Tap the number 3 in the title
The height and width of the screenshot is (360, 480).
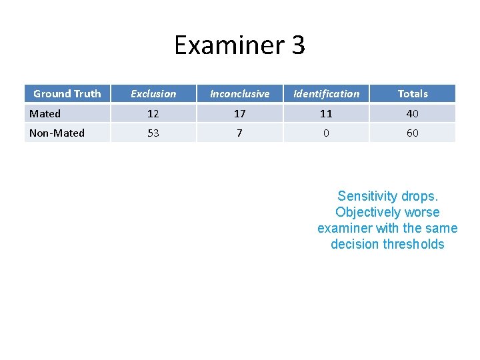tap(298, 45)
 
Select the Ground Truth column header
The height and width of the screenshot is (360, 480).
tap(67, 94)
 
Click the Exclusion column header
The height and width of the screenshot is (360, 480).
tap(153, 94)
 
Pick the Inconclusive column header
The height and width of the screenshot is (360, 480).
tap(239, 94)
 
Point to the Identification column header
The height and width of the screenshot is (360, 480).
tap(326, 94)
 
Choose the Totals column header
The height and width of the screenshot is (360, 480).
tap(413, 94)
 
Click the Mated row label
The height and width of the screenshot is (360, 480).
tap(45, 114)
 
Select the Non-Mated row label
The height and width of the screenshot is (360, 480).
tap(57, 133)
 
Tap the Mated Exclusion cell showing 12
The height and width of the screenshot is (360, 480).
tap(153, 114)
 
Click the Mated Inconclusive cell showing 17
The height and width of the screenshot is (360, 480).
tap(239, 114)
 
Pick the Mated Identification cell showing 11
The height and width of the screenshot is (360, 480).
tap(326, 114)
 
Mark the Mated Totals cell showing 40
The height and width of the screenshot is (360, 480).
tap(413, 114)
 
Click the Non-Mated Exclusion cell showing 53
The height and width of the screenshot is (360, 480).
tap(153, 133)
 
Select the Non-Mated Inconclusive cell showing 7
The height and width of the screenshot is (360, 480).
tap(239, 133)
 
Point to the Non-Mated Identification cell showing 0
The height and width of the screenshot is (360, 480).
tap(326, 133)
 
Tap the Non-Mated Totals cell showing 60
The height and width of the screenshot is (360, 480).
tap(413, 133)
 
